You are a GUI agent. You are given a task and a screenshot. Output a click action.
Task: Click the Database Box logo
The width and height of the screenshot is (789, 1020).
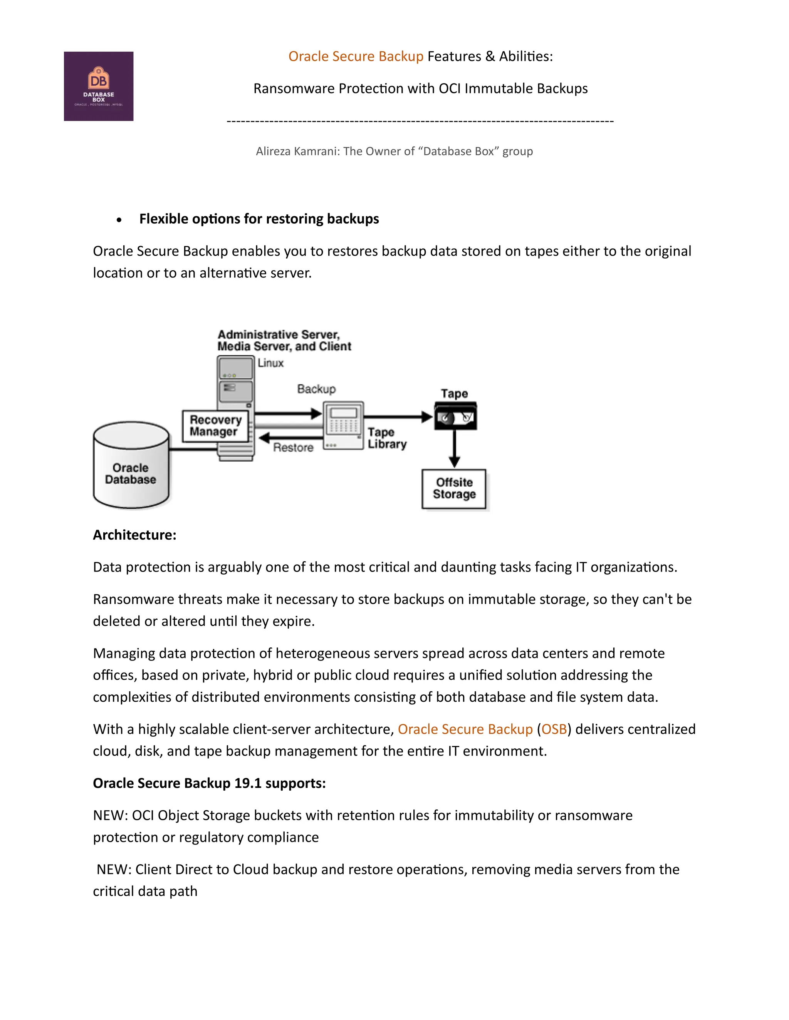coord(99,86)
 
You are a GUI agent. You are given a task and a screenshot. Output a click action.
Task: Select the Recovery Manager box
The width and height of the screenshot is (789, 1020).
coord(215,426)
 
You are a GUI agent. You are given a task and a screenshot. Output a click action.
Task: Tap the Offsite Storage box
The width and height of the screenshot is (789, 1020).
coord(454,488)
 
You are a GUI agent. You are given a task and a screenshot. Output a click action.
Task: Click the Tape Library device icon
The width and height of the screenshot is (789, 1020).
coord(343,425)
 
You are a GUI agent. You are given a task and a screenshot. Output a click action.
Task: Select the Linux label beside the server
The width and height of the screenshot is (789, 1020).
coord(270,363)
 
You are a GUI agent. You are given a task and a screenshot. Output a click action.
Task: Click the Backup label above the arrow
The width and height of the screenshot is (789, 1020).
coord(316,389)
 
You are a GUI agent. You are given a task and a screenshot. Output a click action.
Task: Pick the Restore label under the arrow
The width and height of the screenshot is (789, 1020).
coord(293,447)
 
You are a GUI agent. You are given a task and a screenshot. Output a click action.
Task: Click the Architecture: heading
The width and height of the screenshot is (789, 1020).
coord(134,535)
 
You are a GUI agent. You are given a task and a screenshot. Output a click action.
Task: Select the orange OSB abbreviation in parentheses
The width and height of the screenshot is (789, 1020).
coord(554,729)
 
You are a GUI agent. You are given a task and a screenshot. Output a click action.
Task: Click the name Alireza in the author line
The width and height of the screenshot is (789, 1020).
coord(274,151)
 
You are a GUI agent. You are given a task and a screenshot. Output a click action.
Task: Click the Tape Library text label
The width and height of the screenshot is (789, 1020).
coord(386,438)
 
